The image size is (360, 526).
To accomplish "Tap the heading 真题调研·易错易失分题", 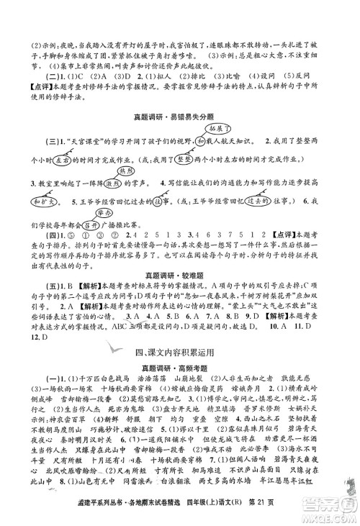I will coord(180,117).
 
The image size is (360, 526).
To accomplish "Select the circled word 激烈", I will coord(106,183).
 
